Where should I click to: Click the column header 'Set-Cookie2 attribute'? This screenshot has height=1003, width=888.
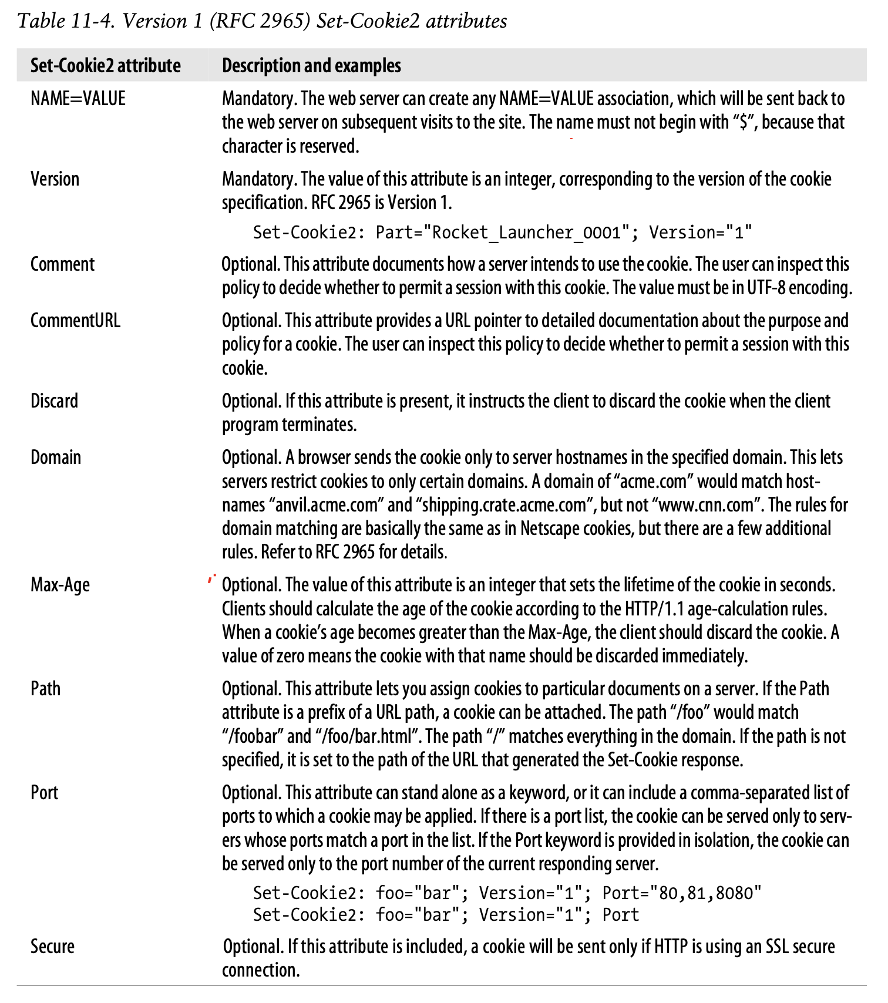[106, 65]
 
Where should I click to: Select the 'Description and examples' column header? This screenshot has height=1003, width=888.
[311, 65]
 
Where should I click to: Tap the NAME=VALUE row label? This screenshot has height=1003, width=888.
[78, 98]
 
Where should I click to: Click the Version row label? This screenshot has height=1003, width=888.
[55, 179]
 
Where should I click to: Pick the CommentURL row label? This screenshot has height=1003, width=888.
[75, 320]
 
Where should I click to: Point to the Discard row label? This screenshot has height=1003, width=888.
[54, 400]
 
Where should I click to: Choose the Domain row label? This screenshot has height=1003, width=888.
[56, 457]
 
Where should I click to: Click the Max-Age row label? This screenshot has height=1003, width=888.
[60, 584]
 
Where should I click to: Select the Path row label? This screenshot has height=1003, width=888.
[45, 688]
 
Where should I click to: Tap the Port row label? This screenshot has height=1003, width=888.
[44, 792]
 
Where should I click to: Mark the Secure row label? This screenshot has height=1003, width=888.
[52, 946]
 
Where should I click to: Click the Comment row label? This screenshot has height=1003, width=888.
[62, 264]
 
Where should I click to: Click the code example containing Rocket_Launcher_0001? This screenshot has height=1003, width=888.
[502, 233]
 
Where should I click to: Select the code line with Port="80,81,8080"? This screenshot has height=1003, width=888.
[507, 893]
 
